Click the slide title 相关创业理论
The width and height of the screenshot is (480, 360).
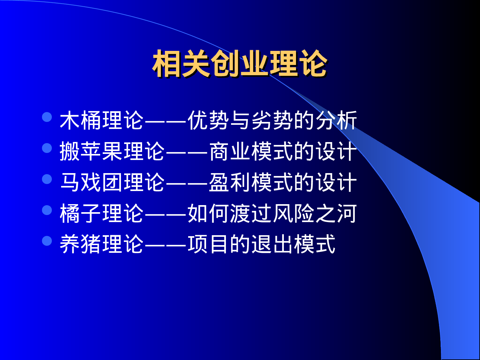tap(240, 64)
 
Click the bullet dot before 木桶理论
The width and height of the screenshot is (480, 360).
tap(47, 117)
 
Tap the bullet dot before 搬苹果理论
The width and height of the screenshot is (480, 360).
tap(47, 148)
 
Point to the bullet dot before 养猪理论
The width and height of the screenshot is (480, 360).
tap(47, 241)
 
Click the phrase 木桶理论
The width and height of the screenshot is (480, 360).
tap(102, 121)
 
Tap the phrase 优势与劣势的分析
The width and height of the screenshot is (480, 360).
tap(272, 121)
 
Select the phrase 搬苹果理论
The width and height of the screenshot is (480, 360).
tap(112, 151)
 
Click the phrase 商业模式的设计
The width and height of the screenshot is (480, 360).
tap(283, 151)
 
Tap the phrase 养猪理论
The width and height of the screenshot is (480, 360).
tap(102, 244)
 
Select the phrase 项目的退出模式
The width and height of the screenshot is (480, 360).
tap(261, 244)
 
